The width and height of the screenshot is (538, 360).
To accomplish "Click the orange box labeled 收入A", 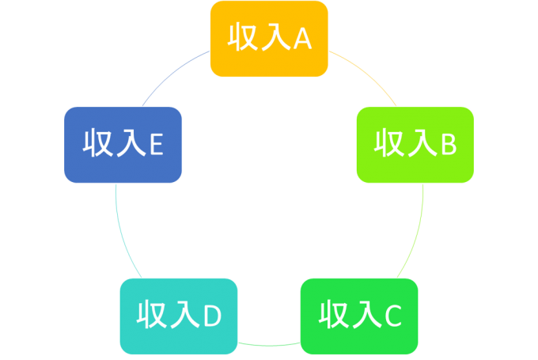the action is (269, 39).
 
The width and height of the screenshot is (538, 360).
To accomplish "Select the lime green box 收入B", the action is (415, 145).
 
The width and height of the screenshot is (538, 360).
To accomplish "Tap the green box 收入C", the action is (359, 316).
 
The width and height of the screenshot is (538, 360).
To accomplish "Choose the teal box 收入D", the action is (179, 316).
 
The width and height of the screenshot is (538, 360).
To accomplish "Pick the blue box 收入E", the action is (123, 145).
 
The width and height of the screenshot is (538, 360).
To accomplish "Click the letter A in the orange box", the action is (302, 39).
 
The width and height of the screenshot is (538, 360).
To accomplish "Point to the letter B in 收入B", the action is (449, 145).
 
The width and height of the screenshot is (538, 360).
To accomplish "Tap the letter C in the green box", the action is (393, 316).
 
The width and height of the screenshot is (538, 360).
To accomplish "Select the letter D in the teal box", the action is (212, 316).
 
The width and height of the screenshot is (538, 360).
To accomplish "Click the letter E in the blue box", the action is (157, 145).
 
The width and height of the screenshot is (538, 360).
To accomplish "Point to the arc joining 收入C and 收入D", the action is (269, 345).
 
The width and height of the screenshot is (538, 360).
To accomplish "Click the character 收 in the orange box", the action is (242, 37).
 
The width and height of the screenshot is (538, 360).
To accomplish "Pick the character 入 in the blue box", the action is (132, 142).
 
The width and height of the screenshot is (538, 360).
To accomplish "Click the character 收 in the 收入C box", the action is (333, 314).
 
